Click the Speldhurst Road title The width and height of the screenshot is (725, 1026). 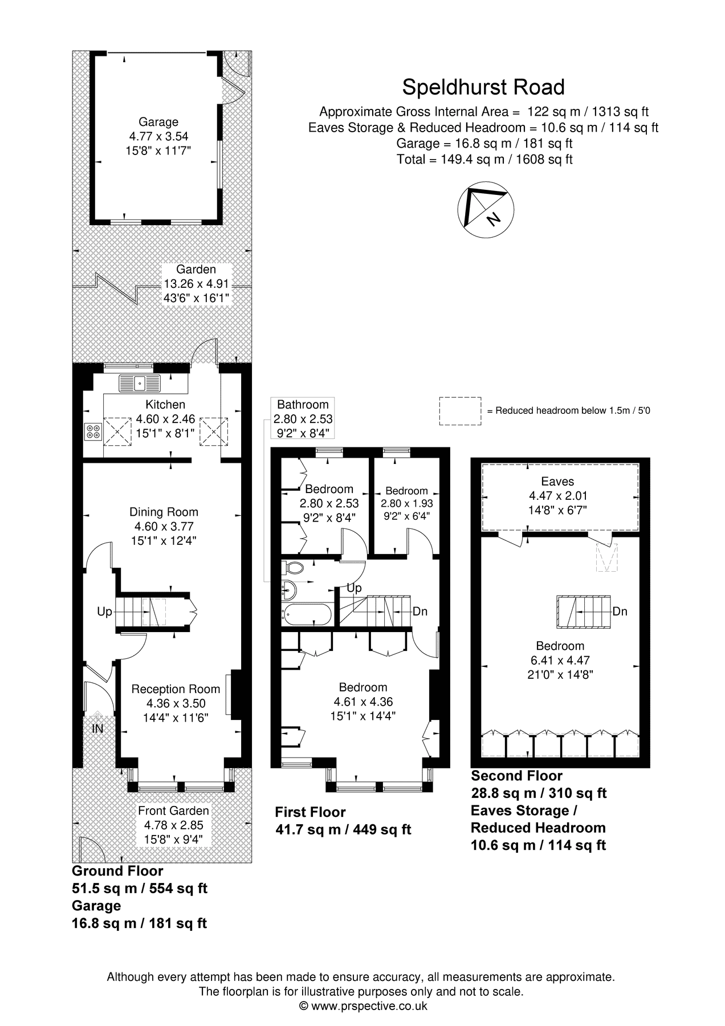483,87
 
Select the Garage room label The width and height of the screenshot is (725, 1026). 158,122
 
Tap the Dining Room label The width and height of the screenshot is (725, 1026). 164,512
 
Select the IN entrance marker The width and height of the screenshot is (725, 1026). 97,728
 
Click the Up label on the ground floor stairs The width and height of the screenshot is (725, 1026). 104,612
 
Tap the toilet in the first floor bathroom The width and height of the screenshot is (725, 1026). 294,567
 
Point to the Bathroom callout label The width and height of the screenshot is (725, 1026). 303,405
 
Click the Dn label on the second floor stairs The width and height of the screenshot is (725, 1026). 620,611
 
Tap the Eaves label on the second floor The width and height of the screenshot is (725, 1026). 558,482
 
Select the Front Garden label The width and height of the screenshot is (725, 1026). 173,810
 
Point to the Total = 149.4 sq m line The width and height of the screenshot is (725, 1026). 484,159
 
